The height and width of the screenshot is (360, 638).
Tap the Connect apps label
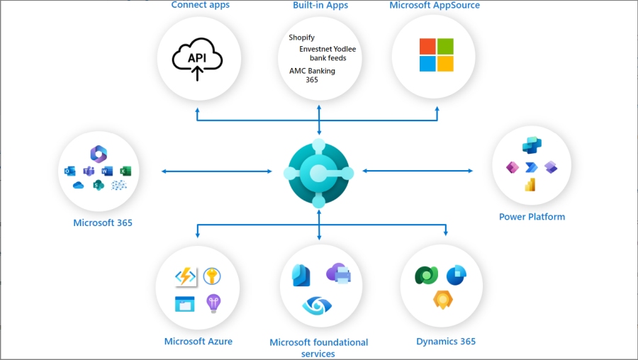(x=201, y=6)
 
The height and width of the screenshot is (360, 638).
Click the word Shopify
(x=302, y=38)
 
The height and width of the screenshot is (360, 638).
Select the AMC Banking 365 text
(x=312, y=75)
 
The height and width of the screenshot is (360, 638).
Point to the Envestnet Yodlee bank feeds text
(x=328, y=54)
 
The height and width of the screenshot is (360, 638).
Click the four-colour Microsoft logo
(x=436, y=55)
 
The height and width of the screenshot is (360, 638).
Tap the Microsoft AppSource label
(x=435, y=6)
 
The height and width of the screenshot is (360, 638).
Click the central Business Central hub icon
(x=319, y=173)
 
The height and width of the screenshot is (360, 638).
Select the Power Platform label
(x=532, y=217)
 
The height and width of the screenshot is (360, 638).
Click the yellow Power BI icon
(x=530, y=184)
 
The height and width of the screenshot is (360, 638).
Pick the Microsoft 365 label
(x=103, y=223)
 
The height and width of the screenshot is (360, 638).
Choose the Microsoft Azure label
(x=198, y=342)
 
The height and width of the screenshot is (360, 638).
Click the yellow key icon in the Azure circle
(x=212, y=276)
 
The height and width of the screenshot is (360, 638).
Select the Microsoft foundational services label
(x=319, y=347)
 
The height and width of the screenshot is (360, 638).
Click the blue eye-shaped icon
(x=316, y=305)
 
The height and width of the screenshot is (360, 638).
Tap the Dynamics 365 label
(x=446, y=342)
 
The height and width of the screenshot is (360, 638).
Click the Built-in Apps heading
(x=320, y=6)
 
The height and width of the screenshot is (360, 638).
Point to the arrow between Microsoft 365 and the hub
(x=217, y=171)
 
